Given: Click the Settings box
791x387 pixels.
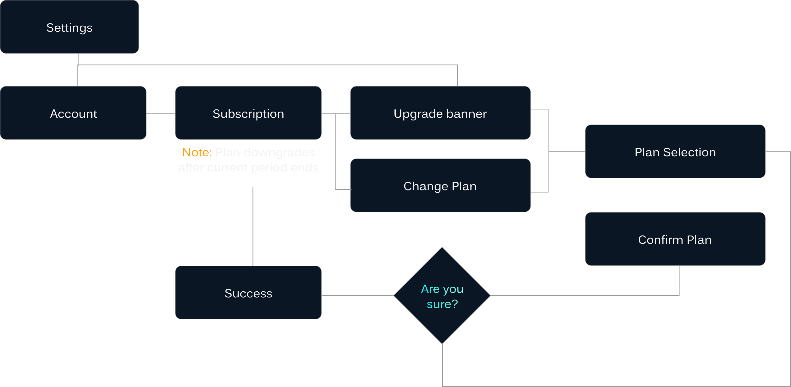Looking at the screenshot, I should tap(69, 27).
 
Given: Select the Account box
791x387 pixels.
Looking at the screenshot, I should tap(73, 113).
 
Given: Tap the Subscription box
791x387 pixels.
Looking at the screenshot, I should tap(248, 113).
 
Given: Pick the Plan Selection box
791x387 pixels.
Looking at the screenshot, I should tap(675, 151).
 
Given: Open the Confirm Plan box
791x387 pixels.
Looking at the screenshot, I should tap(675, 239).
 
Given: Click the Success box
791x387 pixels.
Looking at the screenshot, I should tap(248, 292).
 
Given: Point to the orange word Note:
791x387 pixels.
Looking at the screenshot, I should tap(197, 152).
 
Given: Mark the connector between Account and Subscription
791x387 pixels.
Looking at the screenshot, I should tap(161, 113).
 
